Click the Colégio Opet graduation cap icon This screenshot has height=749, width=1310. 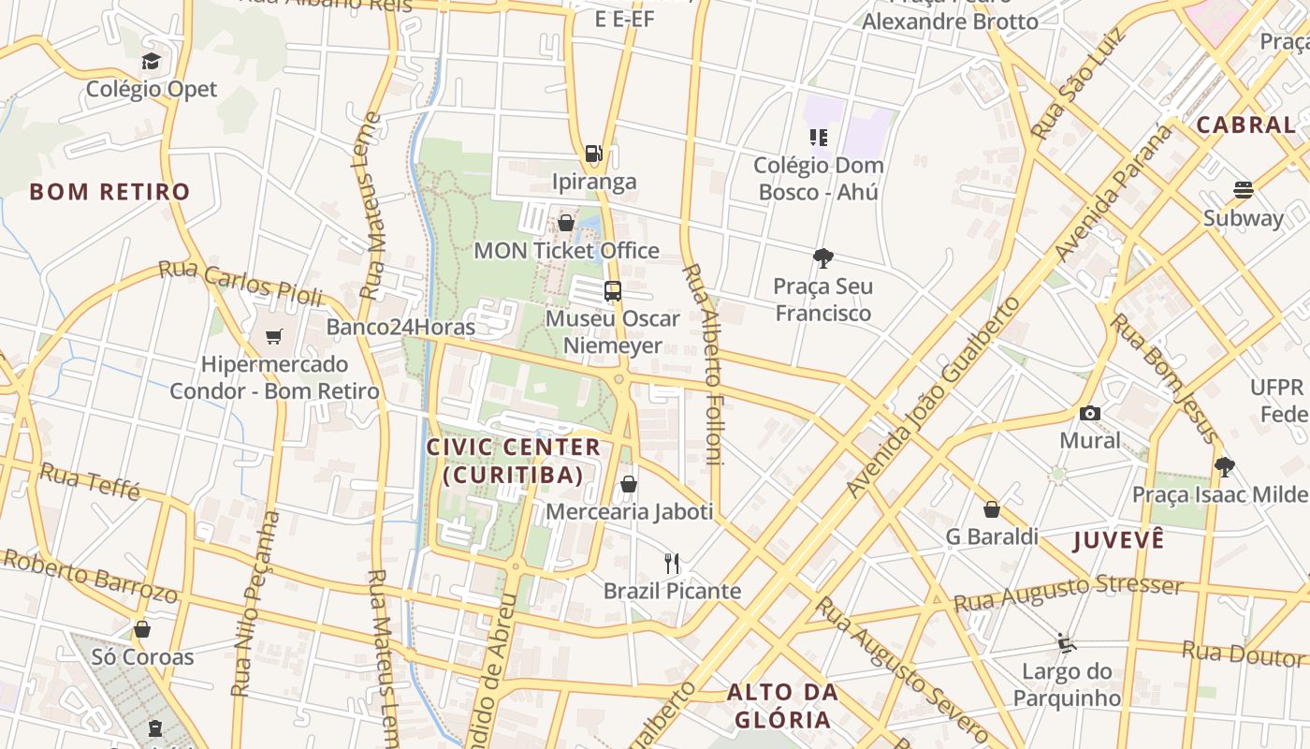[151, 62]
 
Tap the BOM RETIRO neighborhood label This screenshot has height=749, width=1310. [109, 192]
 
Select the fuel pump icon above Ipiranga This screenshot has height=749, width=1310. [593, 154]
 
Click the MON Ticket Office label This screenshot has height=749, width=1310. [566, 251]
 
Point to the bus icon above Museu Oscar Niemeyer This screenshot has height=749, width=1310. [613, 291]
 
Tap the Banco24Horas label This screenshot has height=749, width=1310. [400, 328]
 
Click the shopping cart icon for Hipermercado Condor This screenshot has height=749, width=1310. [274, 337]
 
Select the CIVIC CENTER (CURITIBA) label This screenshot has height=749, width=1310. [514, 461]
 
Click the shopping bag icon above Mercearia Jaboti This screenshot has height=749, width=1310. [629, 484]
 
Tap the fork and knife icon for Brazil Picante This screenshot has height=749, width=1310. [672, 563]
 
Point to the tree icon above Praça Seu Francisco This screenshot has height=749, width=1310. [823, 258]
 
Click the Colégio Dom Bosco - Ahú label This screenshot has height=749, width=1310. [819, 179]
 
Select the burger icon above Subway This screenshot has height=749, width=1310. [1244, 190]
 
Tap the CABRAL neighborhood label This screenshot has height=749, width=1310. [1245, 125]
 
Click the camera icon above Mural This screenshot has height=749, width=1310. [1090, 413]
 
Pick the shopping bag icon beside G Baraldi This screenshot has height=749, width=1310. [992, 509]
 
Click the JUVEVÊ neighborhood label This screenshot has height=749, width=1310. [1119, 540]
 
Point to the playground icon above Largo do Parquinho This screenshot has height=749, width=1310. [1067, 642]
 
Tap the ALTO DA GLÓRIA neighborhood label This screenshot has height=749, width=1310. [782, 706]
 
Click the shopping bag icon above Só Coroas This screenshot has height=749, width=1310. [142, 629]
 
